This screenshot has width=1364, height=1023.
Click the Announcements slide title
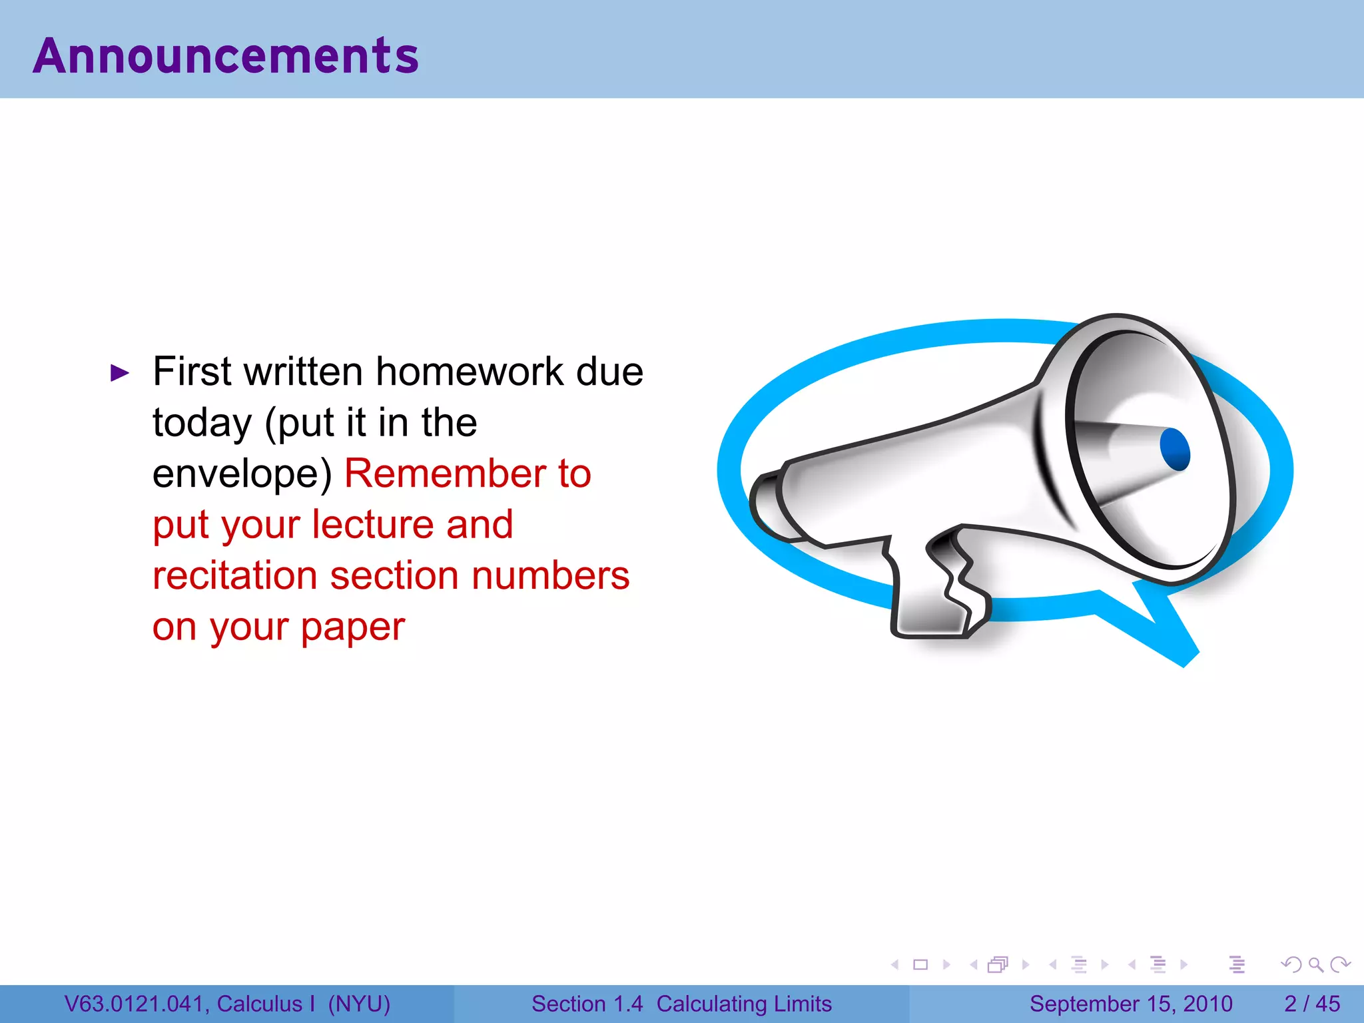(226, 55)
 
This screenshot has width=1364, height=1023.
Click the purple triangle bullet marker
(119, 373)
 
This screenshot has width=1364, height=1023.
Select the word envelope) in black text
(242, 474)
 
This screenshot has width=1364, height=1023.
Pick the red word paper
(352, 627)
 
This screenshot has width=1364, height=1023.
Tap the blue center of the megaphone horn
(1174, 450)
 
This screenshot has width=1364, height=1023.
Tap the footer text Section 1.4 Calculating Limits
(681, 1004)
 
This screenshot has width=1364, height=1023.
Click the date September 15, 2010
(1131, 1004)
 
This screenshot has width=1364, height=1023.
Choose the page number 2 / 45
(1311, 1004)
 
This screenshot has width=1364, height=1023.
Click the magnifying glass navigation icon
(1315, 964)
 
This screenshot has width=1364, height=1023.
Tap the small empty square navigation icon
(920, 964)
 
